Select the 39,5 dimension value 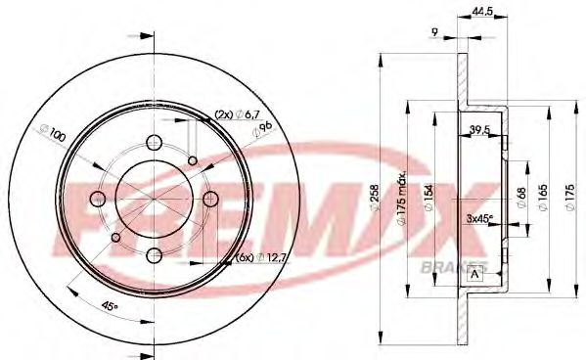point(479,128)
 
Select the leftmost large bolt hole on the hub point(96,200)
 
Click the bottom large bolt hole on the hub point(155,258)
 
